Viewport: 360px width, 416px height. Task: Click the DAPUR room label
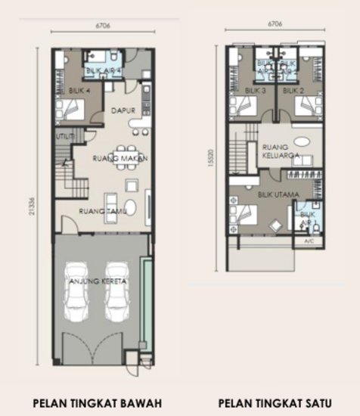click(x=124, y=110)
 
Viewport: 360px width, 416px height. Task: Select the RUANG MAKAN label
click(x=119, y=159)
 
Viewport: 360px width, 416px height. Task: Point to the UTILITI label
click(x=64, y=136)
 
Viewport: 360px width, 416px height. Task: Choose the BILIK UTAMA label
click(x=278, y=194)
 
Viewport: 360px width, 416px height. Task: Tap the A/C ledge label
click(x=309, y=241)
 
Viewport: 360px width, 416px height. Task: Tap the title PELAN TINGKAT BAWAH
click(x=97, y=402)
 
